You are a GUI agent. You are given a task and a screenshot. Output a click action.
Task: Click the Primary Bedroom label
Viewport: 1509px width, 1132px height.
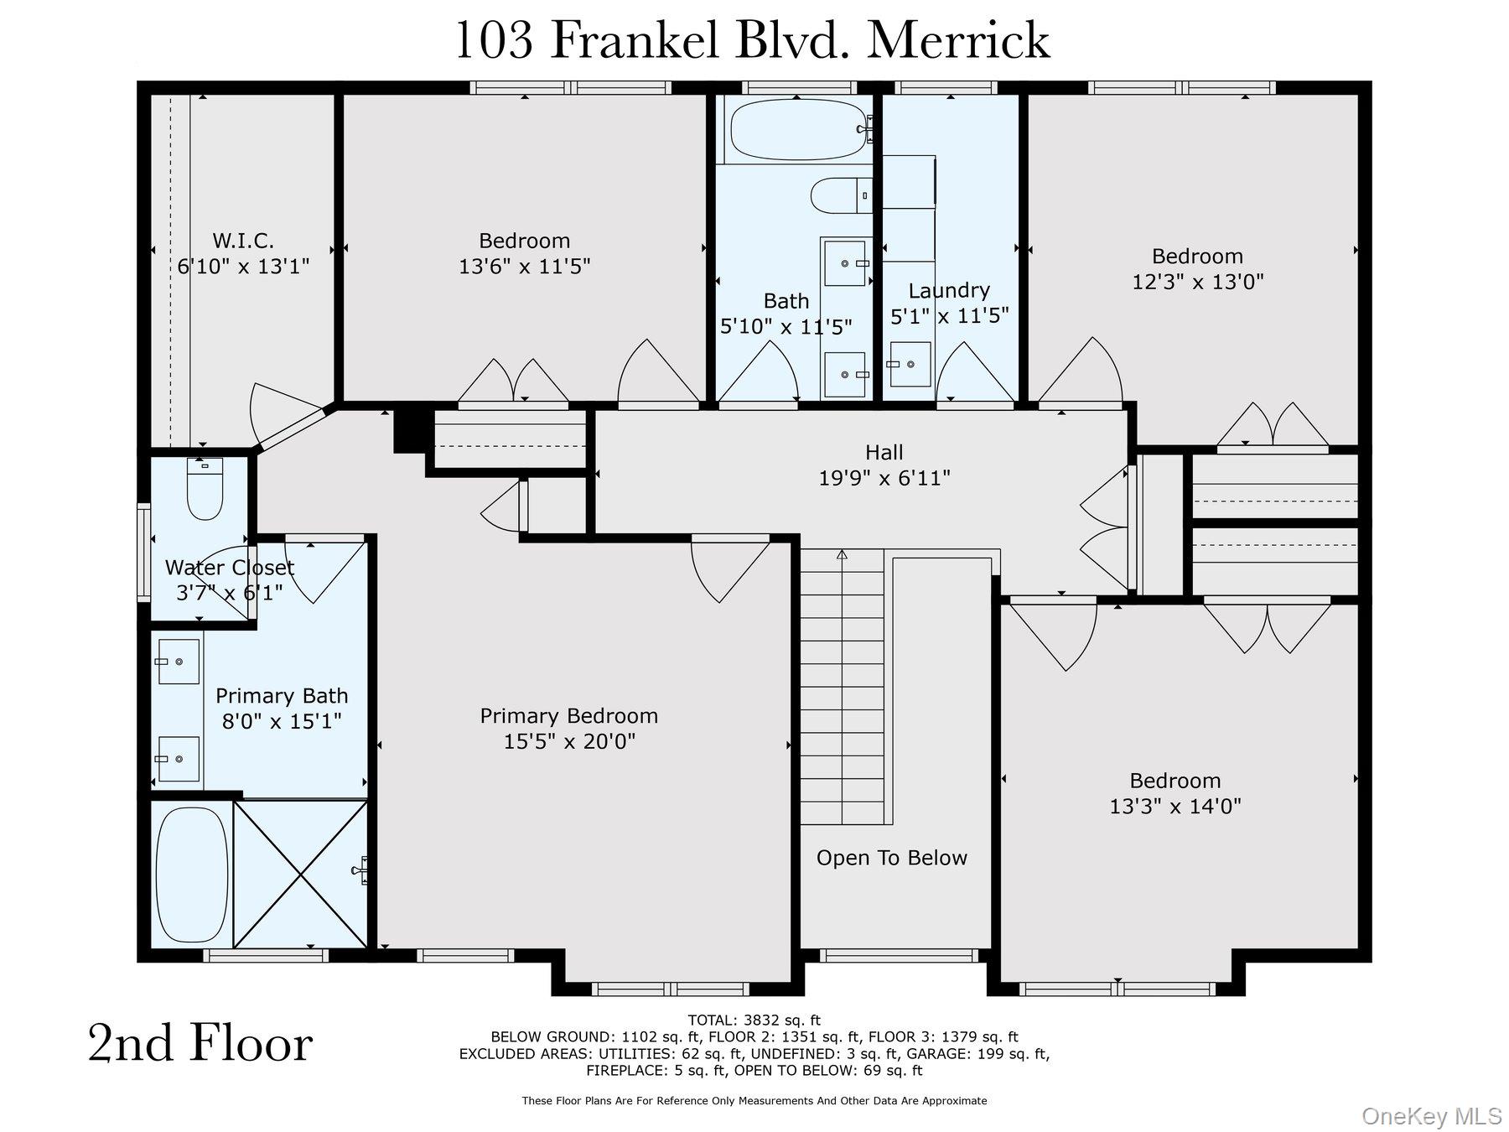pyautogui.click(x=568, y=716)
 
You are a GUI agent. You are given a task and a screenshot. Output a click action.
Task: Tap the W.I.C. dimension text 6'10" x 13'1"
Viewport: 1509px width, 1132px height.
pyautogui.click(x=243, y=267)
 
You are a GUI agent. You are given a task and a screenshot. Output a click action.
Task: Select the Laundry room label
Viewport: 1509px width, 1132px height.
pyautogui.click(x=949, y=290)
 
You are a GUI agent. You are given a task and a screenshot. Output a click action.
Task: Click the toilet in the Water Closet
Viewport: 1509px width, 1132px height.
pyautogui.click(x=205, y=491)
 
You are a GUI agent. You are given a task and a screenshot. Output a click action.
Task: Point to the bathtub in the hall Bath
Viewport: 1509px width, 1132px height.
pyautogui.click(x=796, y=130)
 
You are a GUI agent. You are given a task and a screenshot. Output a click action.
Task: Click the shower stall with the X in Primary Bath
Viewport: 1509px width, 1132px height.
pyautogui.click(x=300, y=875)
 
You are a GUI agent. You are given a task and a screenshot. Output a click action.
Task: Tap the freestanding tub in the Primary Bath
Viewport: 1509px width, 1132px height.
pyautogui.click(x=192, y=875)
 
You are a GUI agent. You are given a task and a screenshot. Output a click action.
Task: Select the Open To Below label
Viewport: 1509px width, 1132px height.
pyautogui.click(x=891, y=858)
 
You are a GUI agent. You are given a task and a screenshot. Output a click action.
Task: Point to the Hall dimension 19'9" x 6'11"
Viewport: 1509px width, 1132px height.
pyautogui.click(x=884, y=478)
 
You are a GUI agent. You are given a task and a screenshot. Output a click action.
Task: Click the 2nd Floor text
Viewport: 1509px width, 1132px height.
pyautogui.click(x=200, y=1044)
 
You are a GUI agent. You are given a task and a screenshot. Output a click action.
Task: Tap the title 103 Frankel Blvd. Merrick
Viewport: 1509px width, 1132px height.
pyautogui.click(x=752, y=40)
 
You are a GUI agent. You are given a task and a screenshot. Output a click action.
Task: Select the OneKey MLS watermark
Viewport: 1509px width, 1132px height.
pyautogui.click(x=1431, y=1116)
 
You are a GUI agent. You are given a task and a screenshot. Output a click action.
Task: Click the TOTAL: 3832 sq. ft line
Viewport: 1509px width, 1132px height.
pyautogui.click(x=754, y=1020)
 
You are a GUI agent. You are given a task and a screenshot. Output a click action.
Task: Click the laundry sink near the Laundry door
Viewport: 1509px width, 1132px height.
pyautogui.click(x=910, y=364)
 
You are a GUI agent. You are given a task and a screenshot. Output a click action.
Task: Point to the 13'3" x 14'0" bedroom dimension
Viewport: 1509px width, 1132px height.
pyautogui.click(x=1175, y=807)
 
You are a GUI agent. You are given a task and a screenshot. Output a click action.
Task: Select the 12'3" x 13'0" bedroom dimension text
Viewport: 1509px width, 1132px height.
pyautogui.click(x=1197, y=282)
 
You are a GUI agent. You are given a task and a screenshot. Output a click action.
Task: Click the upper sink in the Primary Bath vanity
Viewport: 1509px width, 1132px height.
pyautogui.click(x=179, y=662)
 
